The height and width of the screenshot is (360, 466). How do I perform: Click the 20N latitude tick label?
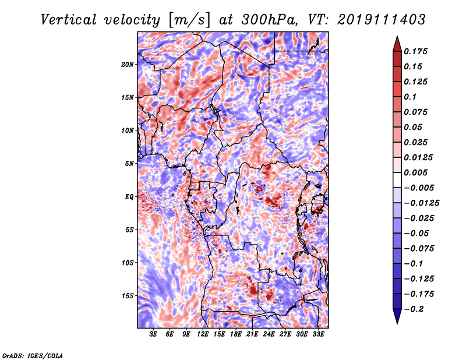[128, 65]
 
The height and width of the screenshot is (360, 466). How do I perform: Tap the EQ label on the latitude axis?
[129, 197]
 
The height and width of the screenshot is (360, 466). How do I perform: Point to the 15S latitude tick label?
[128, 296]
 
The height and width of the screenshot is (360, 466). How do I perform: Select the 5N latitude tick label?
[129, 164]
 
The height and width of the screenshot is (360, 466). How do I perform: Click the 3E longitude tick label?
[153, 334]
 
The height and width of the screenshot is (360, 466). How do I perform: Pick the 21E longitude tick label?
[252, 334]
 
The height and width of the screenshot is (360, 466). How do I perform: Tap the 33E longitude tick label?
[318, 334]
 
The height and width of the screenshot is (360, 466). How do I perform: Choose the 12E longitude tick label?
[203, 334]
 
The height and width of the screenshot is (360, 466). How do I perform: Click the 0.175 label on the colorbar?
[415, 51]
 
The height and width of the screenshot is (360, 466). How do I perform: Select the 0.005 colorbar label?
[415, 172]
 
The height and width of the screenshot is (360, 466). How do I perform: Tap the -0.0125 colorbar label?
[421, 203]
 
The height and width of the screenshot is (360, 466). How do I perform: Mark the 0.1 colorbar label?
[410, 97]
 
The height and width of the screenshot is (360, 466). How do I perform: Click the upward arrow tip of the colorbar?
[397, 36]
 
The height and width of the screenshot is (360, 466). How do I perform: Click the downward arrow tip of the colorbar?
[397, 323]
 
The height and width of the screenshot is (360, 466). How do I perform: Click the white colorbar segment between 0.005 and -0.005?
[397, 180]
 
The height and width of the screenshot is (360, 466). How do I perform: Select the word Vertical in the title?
[69, 20]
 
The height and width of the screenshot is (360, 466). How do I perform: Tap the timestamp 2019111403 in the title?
[382, 20]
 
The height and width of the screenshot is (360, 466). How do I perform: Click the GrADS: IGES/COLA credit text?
[33, 355]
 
